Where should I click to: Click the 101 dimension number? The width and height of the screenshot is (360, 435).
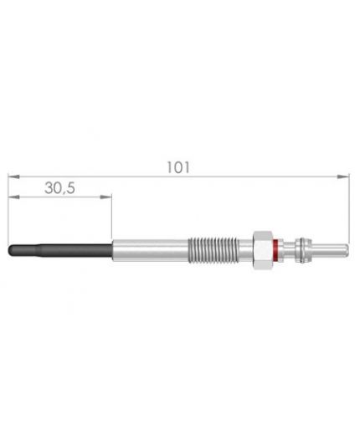click(178, 167)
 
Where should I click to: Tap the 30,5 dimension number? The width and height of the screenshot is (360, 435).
click(59, 188)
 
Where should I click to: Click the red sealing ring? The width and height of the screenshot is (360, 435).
click(275, 250)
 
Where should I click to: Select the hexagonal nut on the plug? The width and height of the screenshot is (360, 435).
click(263, 250)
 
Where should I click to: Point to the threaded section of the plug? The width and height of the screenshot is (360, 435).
click(213, 250)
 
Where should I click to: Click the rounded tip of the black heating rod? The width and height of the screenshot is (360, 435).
click(11, 250)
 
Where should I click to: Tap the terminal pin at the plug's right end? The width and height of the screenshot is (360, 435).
click(330, 250)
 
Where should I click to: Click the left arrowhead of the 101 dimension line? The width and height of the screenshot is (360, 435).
click(13, 177)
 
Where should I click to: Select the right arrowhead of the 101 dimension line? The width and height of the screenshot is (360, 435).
click(343, 177)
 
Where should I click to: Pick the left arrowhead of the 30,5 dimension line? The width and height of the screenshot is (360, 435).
click(13, 197)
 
